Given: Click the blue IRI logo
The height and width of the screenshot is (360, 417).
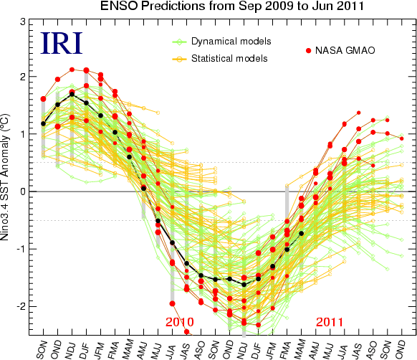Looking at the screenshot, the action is pos(62,43).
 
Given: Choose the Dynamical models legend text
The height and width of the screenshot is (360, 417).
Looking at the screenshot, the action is pos(231,42).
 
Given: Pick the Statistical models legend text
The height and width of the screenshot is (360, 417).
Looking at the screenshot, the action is pos(229,58).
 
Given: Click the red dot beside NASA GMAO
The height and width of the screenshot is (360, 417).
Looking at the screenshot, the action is pos(309,51).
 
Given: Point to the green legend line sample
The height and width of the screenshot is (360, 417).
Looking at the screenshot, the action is pos(179,42).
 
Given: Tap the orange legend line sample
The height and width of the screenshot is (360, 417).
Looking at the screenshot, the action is pos(179,59).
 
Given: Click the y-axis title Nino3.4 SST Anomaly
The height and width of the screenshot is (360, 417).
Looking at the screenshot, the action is pos(4,177).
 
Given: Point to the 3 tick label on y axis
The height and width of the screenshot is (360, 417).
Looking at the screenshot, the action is pos(23,22).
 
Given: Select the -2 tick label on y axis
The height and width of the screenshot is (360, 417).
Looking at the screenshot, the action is pos(21,306).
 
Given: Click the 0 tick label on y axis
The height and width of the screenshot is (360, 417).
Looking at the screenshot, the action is pos(23,191).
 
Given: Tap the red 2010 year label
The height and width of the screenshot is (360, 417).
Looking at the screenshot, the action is pos(180,322).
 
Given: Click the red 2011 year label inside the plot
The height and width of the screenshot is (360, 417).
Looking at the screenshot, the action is pos(330,322).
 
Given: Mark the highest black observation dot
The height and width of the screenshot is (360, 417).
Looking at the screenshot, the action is pos(72,94).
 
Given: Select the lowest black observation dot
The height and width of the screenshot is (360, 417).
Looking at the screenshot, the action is pos(244,285).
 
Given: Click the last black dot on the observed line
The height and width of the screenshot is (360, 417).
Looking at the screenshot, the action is pos(302,233).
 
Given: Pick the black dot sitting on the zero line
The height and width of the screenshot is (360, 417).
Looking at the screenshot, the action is pos(143,189).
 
